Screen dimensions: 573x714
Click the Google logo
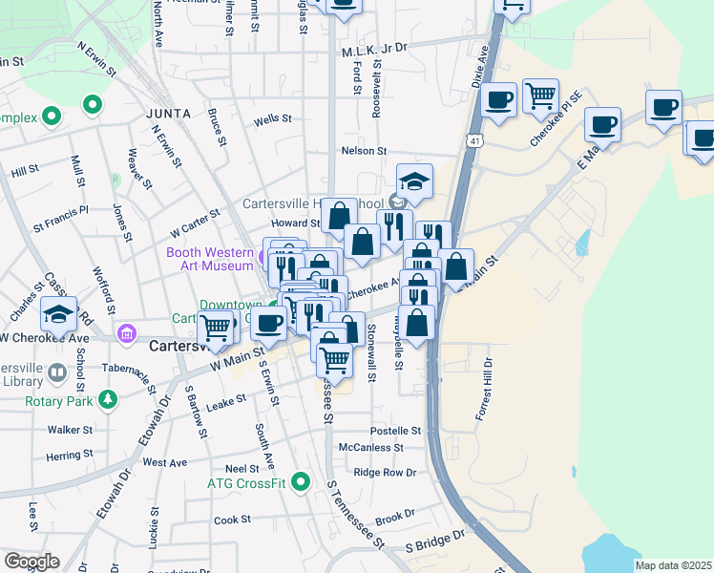click(31, 562)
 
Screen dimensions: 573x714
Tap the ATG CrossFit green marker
click(302, 482)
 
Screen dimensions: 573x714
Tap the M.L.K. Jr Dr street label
click(374, 46)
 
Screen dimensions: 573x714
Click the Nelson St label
click(364, 151)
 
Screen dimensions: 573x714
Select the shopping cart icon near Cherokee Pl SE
click(541, 95)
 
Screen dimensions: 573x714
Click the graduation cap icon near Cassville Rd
click(58, 313)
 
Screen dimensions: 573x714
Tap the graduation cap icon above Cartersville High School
click(415, 180)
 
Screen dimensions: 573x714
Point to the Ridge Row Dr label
click(385, 473)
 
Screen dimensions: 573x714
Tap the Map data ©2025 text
click(673, 565)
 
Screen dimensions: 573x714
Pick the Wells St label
click(272, 119)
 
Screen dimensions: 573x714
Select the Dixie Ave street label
click(480, 70)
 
